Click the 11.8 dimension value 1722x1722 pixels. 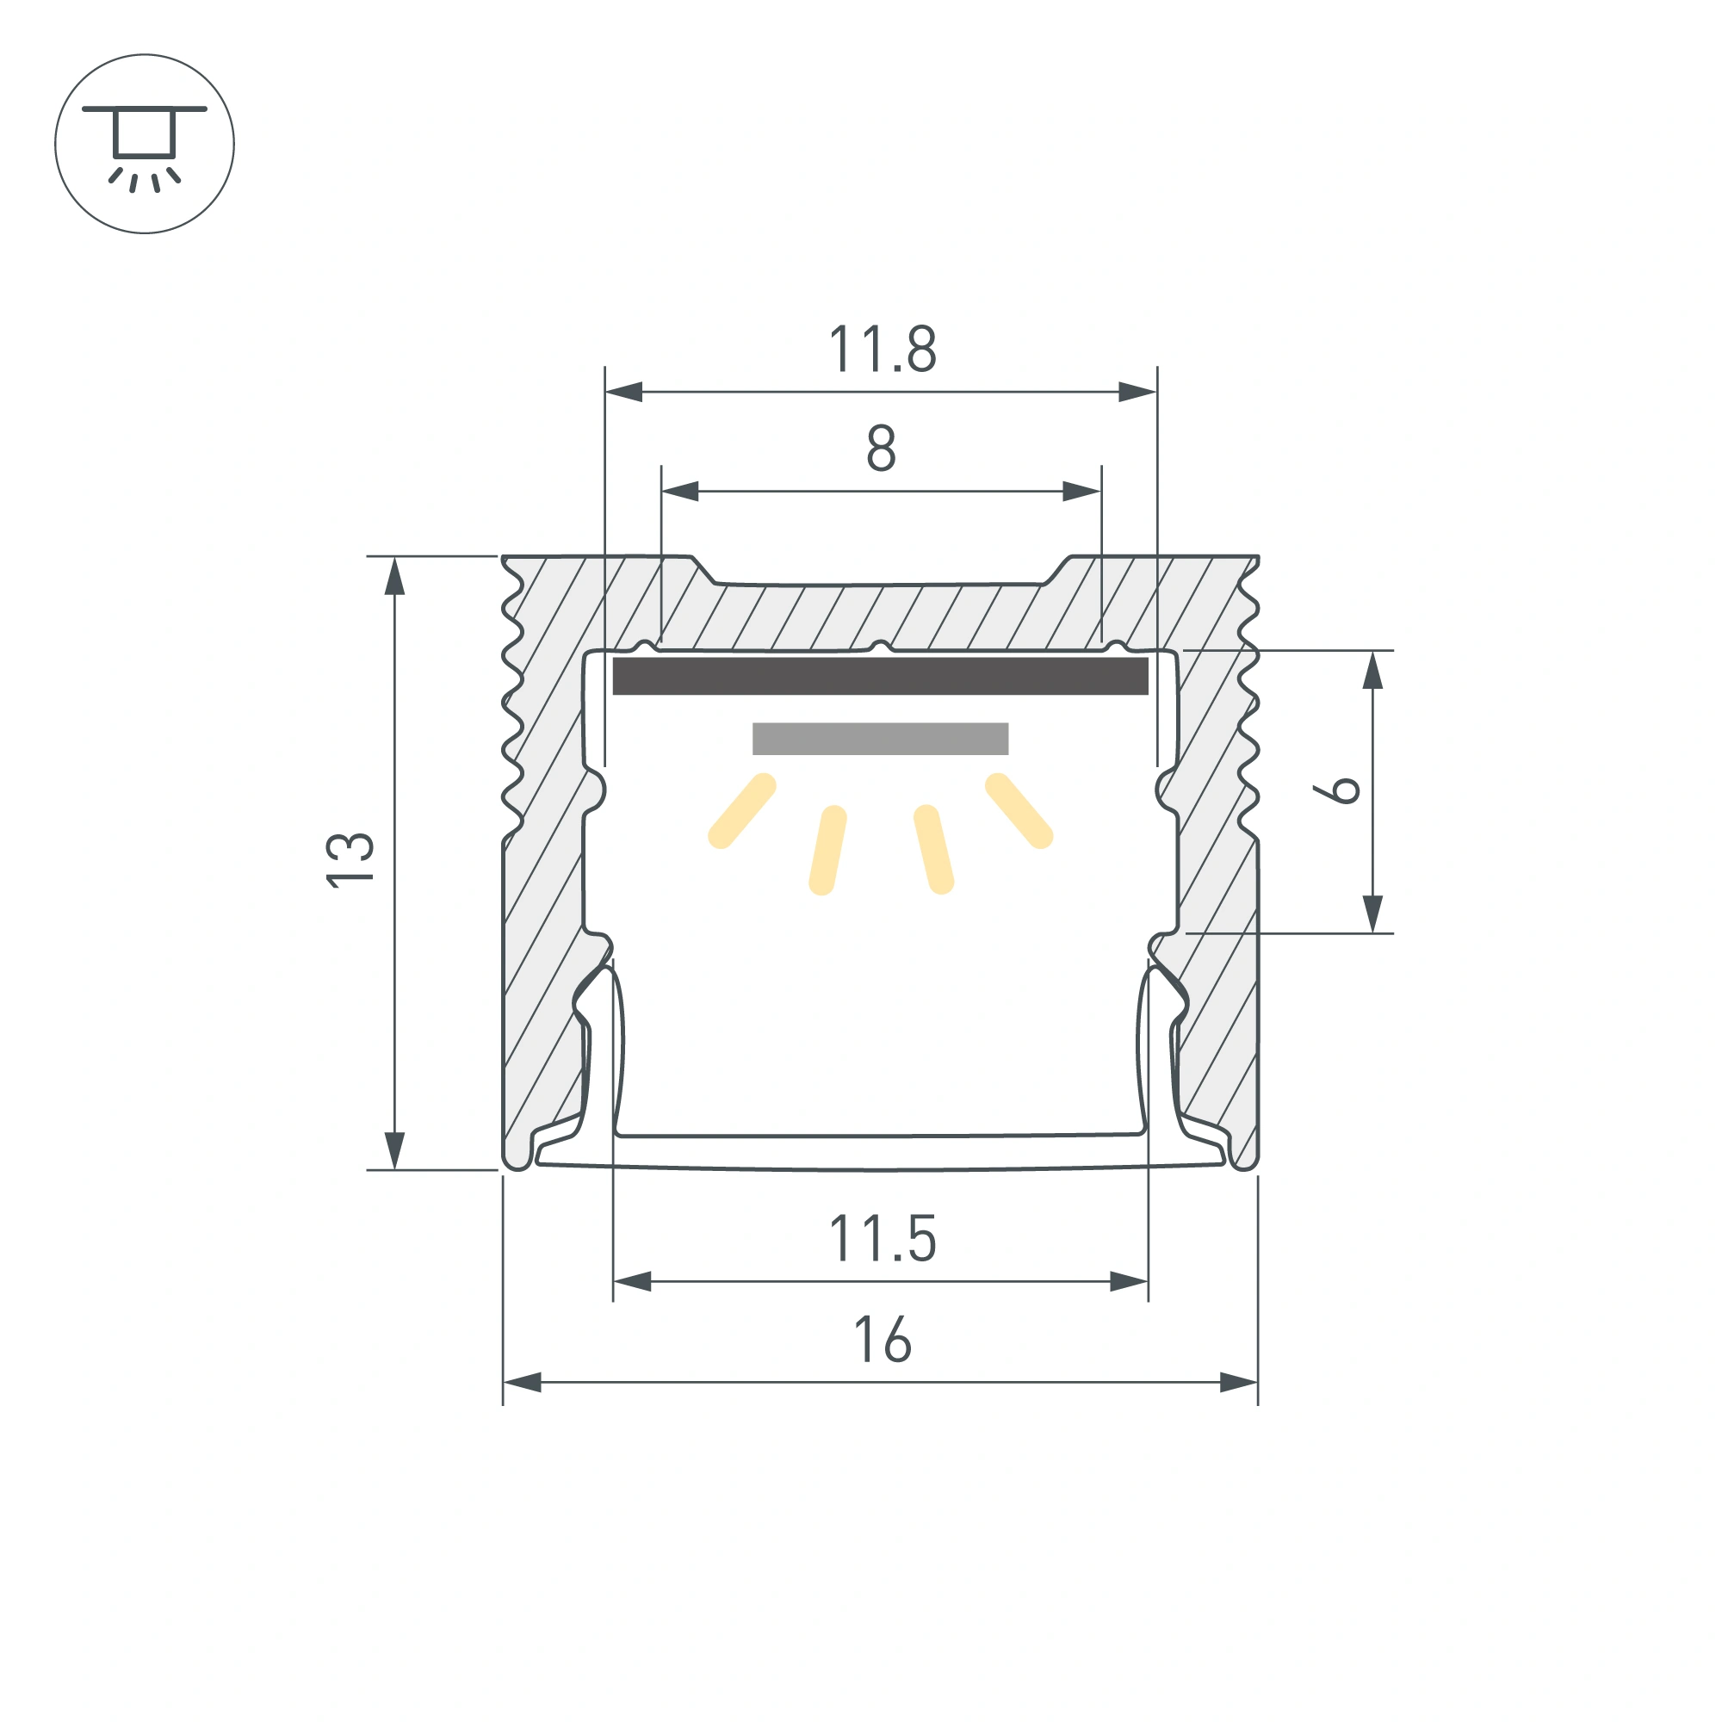coord(883,349)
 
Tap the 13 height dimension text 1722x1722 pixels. coord(350,859)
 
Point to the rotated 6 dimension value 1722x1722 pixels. coord(1336,790)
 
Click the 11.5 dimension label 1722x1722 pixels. coord(883,1239)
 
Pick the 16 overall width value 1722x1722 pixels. coord(883,1340)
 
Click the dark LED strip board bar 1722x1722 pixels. coord(881,677)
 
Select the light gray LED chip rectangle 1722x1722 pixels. coord(881,739)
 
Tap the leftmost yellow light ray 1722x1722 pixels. coord(742,811)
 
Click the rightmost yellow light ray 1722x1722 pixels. coord(1019,811)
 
